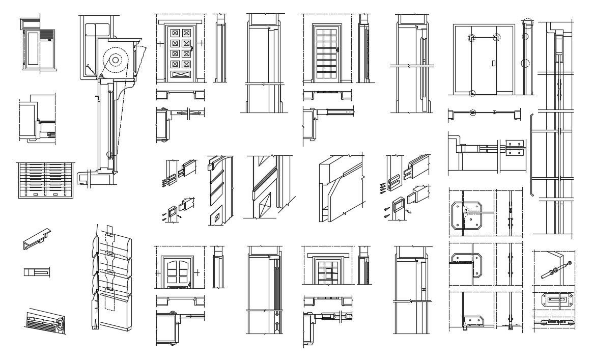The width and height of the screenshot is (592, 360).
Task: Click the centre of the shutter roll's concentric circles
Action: (x=116, y=60)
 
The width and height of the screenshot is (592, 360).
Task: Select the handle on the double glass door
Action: (x=494, y=64)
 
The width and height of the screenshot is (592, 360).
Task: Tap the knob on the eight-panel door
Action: (x=193, y=49)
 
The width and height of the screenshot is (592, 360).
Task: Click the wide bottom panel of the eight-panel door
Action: (x=181, y=74)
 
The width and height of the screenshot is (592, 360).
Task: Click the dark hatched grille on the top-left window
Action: (x=47, y=35)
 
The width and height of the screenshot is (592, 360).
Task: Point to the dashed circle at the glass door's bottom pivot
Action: (x=472, y=93)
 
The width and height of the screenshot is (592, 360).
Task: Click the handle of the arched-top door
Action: (x=189, y=284)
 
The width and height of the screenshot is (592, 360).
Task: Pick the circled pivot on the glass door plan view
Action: (x=473, y=112)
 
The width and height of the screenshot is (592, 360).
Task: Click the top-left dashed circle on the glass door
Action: (x=472, y=38)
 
